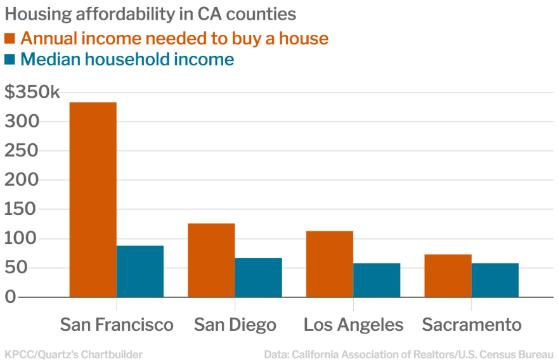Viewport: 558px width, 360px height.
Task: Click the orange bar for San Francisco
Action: click(93, 199)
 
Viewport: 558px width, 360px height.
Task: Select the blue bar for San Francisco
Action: click(140, 271)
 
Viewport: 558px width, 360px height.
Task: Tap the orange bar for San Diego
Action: click(211, 260)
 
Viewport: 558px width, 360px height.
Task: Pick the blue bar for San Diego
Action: click(258, 277)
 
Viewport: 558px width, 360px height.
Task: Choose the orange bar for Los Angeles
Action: click(329, 264)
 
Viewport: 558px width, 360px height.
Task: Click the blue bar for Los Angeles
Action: click(377, 280)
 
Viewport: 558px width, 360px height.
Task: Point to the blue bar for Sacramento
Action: click(495, 280)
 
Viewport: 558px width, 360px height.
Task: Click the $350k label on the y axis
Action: click(32, 93)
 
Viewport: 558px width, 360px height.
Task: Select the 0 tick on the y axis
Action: click(10, 297)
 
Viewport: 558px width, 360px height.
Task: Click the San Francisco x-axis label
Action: click(117, 325)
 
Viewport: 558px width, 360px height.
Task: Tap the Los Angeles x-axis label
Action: click(353, 325)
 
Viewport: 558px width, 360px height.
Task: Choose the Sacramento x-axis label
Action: click(472, 325)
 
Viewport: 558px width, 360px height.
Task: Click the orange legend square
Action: click(10, 38)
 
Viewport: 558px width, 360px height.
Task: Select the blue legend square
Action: click(10, 60)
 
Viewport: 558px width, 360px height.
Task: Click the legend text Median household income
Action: click(127, 60)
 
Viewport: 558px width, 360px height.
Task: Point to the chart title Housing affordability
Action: click(150, 14)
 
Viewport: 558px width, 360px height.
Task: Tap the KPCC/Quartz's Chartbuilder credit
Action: click(74, 354)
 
